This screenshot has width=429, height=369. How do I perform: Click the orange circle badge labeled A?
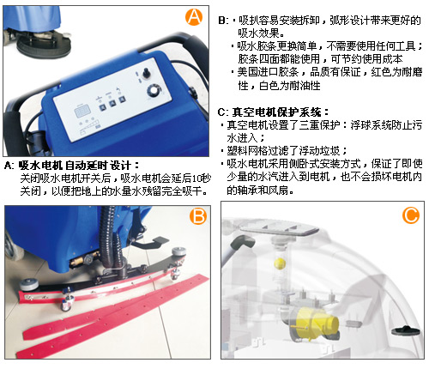click(194, 17)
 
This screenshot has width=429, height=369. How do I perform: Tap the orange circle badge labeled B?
click(198, 215)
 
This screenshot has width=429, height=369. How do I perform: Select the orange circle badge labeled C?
click(411, 215)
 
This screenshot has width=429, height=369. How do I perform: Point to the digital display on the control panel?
click(82, 112)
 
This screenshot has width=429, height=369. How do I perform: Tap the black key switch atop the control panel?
click(147, 72)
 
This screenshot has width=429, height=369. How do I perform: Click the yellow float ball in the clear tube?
click(280, 263)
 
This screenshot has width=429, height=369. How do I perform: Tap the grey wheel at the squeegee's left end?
click(29, 285)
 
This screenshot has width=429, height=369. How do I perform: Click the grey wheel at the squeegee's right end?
click(178, 252)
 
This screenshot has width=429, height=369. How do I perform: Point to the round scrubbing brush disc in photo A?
click(44, 47)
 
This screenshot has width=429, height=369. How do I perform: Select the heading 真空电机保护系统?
click(276, 112)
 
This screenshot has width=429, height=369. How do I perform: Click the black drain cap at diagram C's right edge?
click(406, 330)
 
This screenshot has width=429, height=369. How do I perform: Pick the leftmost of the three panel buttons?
click(102, 108)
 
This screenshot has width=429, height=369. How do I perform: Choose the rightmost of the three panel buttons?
click(123, 99)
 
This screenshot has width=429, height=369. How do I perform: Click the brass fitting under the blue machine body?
click(78, 261)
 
